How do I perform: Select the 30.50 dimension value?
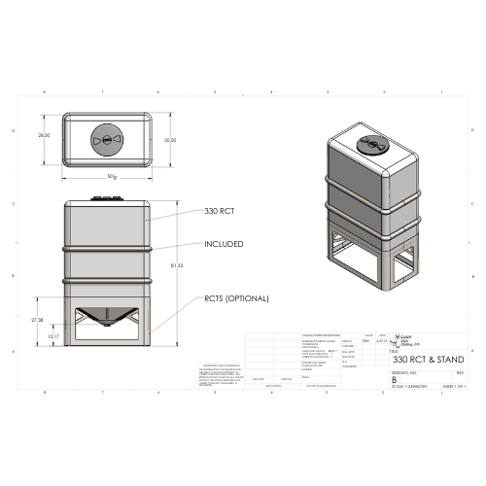(x=170, y=140)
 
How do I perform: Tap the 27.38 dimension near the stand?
(x=38, y=319)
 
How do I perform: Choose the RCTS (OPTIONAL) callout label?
(x=236, y=297)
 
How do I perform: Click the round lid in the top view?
(x=107, y=140)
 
